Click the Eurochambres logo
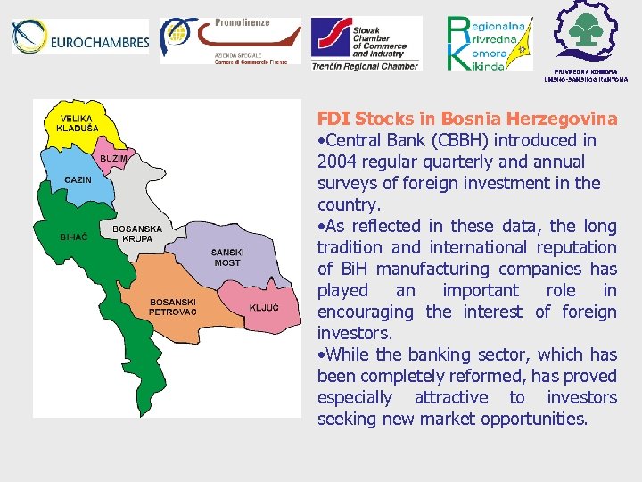click(x=80, y=38)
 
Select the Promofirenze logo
click(x=230, y=40)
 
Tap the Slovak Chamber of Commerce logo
click(x=365, y=43)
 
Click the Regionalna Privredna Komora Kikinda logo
click(x=490, y=43)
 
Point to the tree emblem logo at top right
click(x=587, y=34)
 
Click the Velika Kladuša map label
click(x=77, y=123)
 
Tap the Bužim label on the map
click(x=113, y=158)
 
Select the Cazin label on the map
click(x=78, y=180)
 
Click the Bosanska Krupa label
click(x=137, y=234)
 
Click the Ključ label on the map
click(x=264, y=308)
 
